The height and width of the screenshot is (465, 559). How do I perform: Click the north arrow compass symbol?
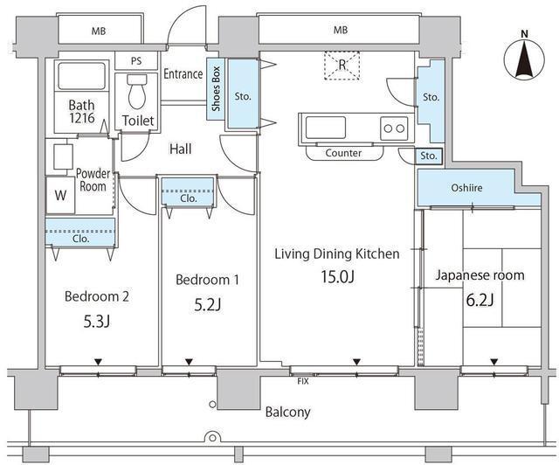click(524, 58)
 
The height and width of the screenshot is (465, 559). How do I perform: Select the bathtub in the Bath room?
click(81, 76)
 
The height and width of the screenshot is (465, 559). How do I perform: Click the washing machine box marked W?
click(60, 195)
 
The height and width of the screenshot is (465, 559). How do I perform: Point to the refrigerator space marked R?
click(342, 65)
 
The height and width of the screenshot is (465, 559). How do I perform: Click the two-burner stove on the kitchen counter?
click(394, 128)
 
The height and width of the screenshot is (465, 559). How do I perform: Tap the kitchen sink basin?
click(326, 128)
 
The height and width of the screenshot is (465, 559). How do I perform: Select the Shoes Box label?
click(216, 89)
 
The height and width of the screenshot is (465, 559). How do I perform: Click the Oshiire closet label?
click(466, 188)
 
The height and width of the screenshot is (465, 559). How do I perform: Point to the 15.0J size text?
click(337, 276)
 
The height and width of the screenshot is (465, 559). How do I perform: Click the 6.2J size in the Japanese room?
click(480, 300)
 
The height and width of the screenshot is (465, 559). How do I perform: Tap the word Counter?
click(343, 153)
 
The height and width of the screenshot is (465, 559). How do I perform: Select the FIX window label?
click(303, 381)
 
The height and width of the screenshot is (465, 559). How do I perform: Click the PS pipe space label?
click(136, 61)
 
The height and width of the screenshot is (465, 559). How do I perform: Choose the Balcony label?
click(287, 413)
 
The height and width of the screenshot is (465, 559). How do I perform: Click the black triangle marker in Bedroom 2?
click(98, 362)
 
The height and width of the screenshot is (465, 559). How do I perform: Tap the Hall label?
click(181, 149)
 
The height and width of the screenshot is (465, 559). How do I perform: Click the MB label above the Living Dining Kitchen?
click(341, 30)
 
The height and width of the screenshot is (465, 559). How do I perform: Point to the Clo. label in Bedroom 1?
click(189, 198)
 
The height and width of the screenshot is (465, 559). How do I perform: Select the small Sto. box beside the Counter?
click(429, 156)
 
